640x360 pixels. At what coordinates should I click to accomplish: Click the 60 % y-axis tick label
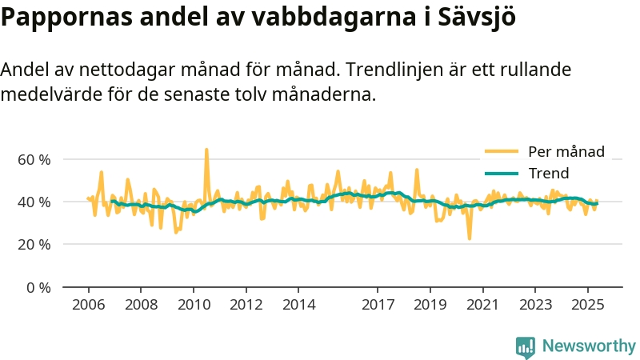tap(34, 159)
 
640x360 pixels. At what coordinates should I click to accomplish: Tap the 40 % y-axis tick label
tap(34, 202)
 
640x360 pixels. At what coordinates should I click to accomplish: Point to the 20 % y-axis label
tap(34, 244)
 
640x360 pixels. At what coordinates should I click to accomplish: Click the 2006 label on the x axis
tap(88, 305)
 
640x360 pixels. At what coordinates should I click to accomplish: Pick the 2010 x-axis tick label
tap(193, 305)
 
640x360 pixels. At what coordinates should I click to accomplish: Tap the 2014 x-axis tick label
tap(299, 305)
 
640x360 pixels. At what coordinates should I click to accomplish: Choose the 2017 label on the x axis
tap(378, 305)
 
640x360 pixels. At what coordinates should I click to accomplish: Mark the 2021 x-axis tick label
tap(483, 305)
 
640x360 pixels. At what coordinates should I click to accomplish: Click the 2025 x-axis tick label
tap(588, 305)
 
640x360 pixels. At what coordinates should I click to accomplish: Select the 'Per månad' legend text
tap(566, 151)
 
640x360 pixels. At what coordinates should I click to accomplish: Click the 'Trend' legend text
tap(549, 174)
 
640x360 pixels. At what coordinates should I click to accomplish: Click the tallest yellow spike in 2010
tap(206, 150)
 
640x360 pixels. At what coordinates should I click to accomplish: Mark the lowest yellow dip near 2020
tap(470, 238)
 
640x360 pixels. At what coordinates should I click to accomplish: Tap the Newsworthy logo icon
tap(526, 346)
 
